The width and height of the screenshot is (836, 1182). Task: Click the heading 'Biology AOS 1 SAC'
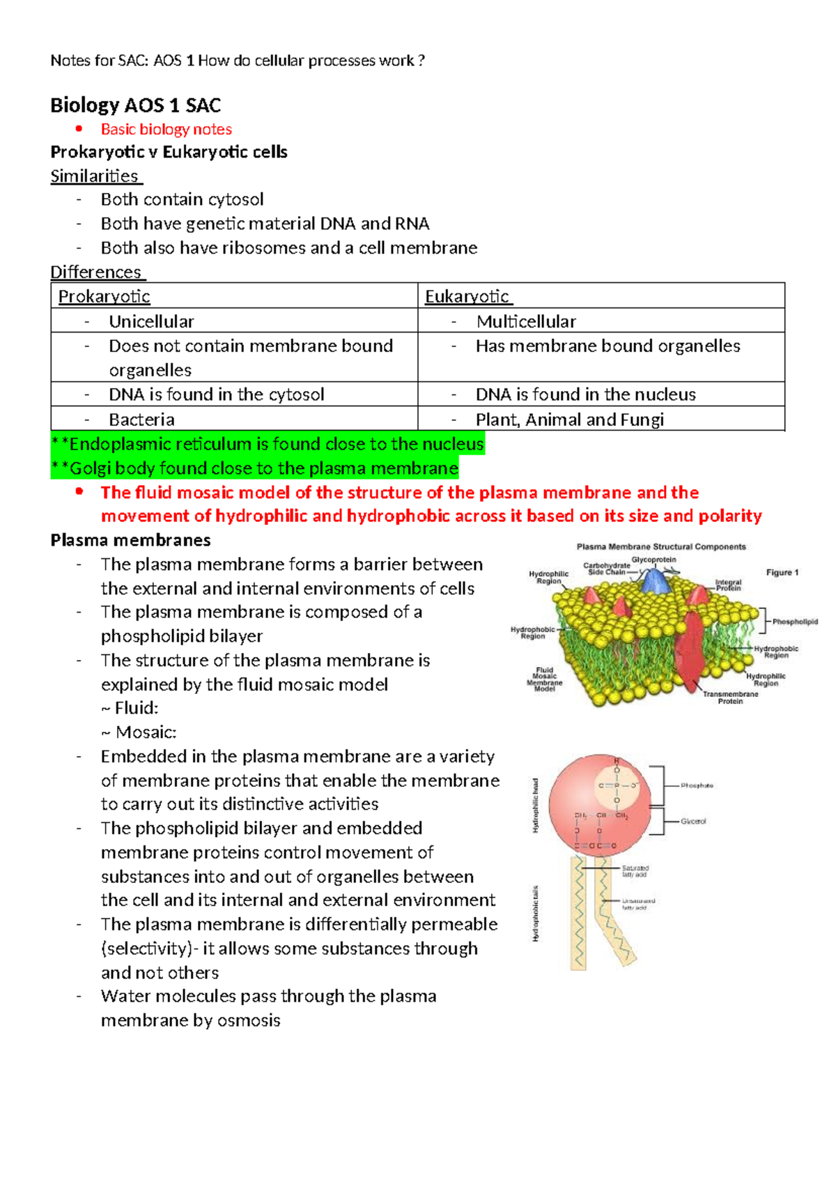(x=136, y=105)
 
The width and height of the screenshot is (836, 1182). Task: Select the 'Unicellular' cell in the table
(x=151, y=321)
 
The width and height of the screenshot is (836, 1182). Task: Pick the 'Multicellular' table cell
(x=526, y=321)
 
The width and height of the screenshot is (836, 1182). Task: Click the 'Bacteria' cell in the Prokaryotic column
(x=141, y=420)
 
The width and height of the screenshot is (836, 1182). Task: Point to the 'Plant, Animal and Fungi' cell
(x=569, y=420)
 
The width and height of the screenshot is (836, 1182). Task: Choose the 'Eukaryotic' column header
(x=467, y=297)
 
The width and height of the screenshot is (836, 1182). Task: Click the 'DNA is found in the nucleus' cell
(x=585, y=394)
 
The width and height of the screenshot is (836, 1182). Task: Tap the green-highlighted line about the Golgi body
(x=255, y=468)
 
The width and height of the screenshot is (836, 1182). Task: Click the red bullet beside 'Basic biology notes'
(x=79, y=129)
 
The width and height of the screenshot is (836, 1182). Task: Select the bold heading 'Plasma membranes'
(x=130, y=540)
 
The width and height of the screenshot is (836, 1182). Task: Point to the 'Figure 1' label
(x=782, y=572)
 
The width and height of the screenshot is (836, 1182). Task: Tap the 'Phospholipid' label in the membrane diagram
(x=795, y=622)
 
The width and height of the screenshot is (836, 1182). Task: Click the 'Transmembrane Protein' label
(x=730, y=698)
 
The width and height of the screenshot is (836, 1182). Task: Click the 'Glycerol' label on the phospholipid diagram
(x=693, y=822)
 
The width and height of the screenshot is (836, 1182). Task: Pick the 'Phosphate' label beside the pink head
(x=697, y=785)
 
